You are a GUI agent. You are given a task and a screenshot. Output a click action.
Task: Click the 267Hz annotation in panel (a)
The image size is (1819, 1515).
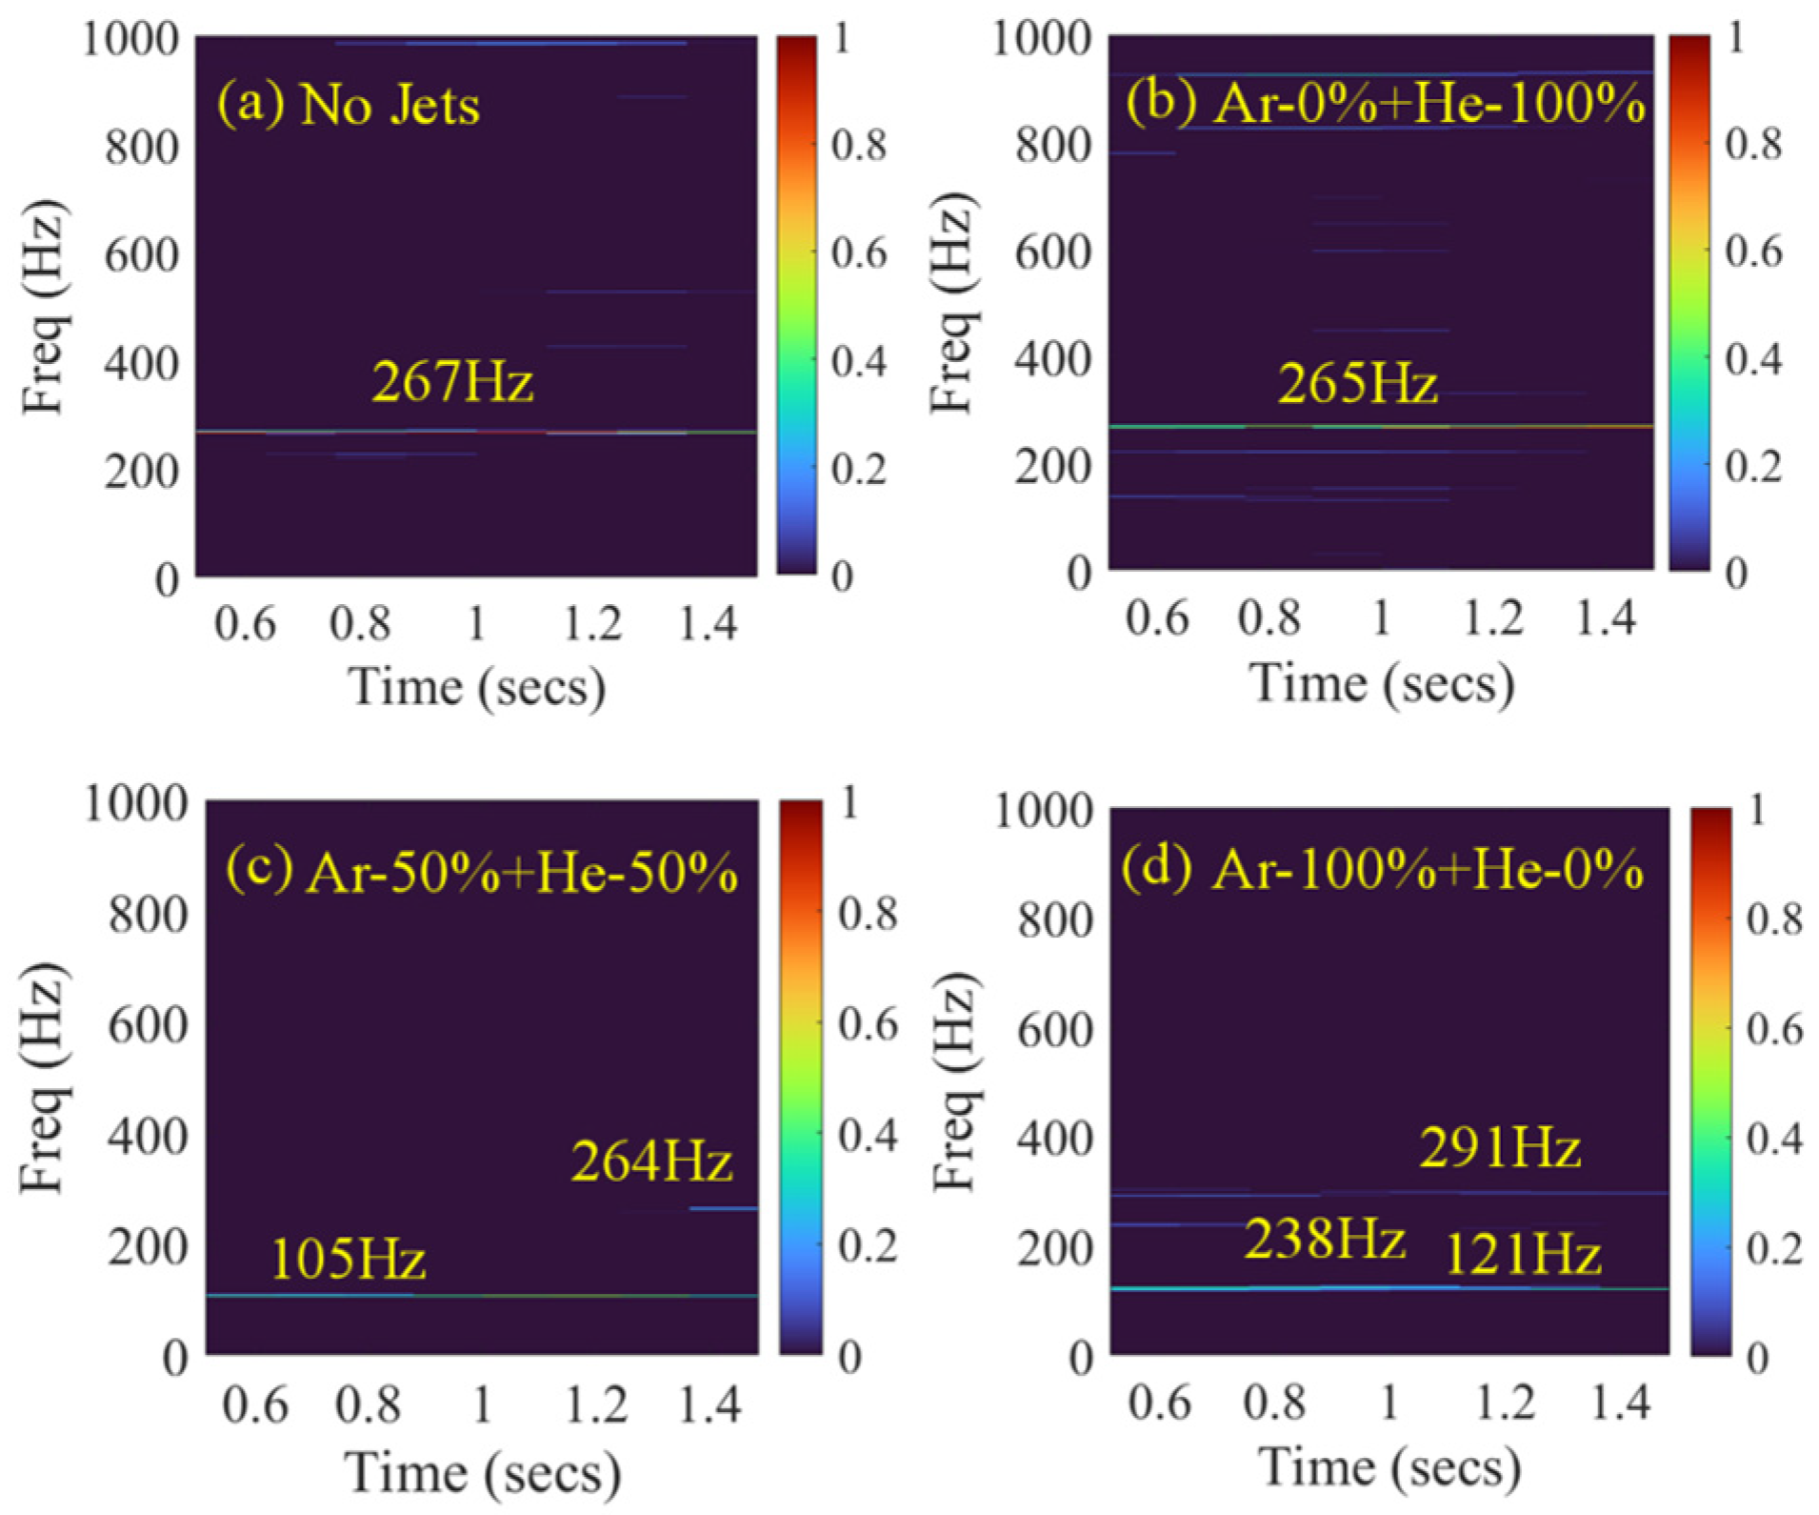[452, 382]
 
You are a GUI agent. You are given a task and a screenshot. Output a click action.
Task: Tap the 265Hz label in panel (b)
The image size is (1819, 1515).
[1357, 384]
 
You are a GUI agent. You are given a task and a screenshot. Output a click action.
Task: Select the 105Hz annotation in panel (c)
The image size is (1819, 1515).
[348, 1259]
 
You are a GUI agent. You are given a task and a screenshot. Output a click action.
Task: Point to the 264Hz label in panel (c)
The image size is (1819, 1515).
[651, 1161]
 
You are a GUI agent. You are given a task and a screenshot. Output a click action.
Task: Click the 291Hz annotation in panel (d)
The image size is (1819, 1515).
[1500, 1147]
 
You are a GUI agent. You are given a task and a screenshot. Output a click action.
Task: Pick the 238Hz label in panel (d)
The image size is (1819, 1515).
[1325, 1240]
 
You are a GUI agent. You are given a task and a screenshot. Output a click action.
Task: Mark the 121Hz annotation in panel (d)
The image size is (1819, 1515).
[1523, 1254]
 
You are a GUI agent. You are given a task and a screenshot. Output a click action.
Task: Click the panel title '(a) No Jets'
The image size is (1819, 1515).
[349, 104]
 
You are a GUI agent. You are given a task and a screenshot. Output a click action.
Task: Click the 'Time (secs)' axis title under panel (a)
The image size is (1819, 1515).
[476, 686]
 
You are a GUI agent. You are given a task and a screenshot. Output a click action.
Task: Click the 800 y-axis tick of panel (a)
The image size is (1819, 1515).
[141, 148]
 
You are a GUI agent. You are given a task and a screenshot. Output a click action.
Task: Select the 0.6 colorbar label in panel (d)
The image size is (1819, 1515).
[1774, 1029]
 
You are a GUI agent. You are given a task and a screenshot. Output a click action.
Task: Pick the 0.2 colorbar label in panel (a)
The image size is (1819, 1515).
[858, 469]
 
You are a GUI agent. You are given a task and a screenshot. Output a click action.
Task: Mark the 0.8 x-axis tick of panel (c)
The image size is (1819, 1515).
[369, 1405]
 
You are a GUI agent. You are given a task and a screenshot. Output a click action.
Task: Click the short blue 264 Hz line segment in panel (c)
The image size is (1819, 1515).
[724, 1208]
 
